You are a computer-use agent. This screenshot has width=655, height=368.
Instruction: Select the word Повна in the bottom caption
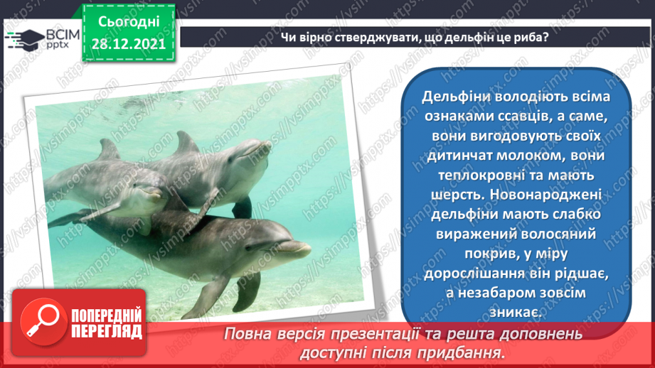[x=246, y=333]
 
